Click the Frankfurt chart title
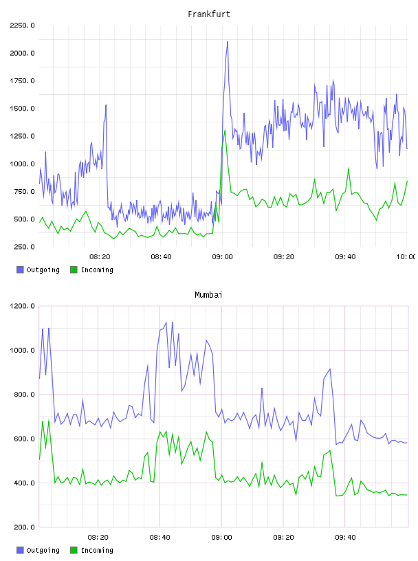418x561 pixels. (209, 14)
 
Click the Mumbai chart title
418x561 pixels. (208, 295)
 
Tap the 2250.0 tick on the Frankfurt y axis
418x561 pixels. (22, 25)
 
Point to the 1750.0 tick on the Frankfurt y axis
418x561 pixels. (22, 81)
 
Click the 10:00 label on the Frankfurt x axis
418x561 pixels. (406, 257)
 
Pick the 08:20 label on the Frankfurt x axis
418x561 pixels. (100, 257)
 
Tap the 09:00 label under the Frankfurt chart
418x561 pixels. (222, 257)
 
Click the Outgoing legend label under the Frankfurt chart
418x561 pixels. (43, 269)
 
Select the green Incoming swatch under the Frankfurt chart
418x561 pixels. (74, 269)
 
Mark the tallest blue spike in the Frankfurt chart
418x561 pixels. (228, 42)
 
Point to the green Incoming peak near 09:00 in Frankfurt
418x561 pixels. (225, 130)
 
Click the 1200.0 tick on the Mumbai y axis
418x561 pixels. (22, 306)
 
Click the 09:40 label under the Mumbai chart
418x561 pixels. (345, 538)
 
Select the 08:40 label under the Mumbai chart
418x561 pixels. (160, 538)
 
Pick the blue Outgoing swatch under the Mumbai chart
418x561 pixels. (20, 550)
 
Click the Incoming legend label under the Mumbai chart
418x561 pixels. (97, 550)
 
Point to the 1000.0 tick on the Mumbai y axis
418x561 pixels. (22, 350)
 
